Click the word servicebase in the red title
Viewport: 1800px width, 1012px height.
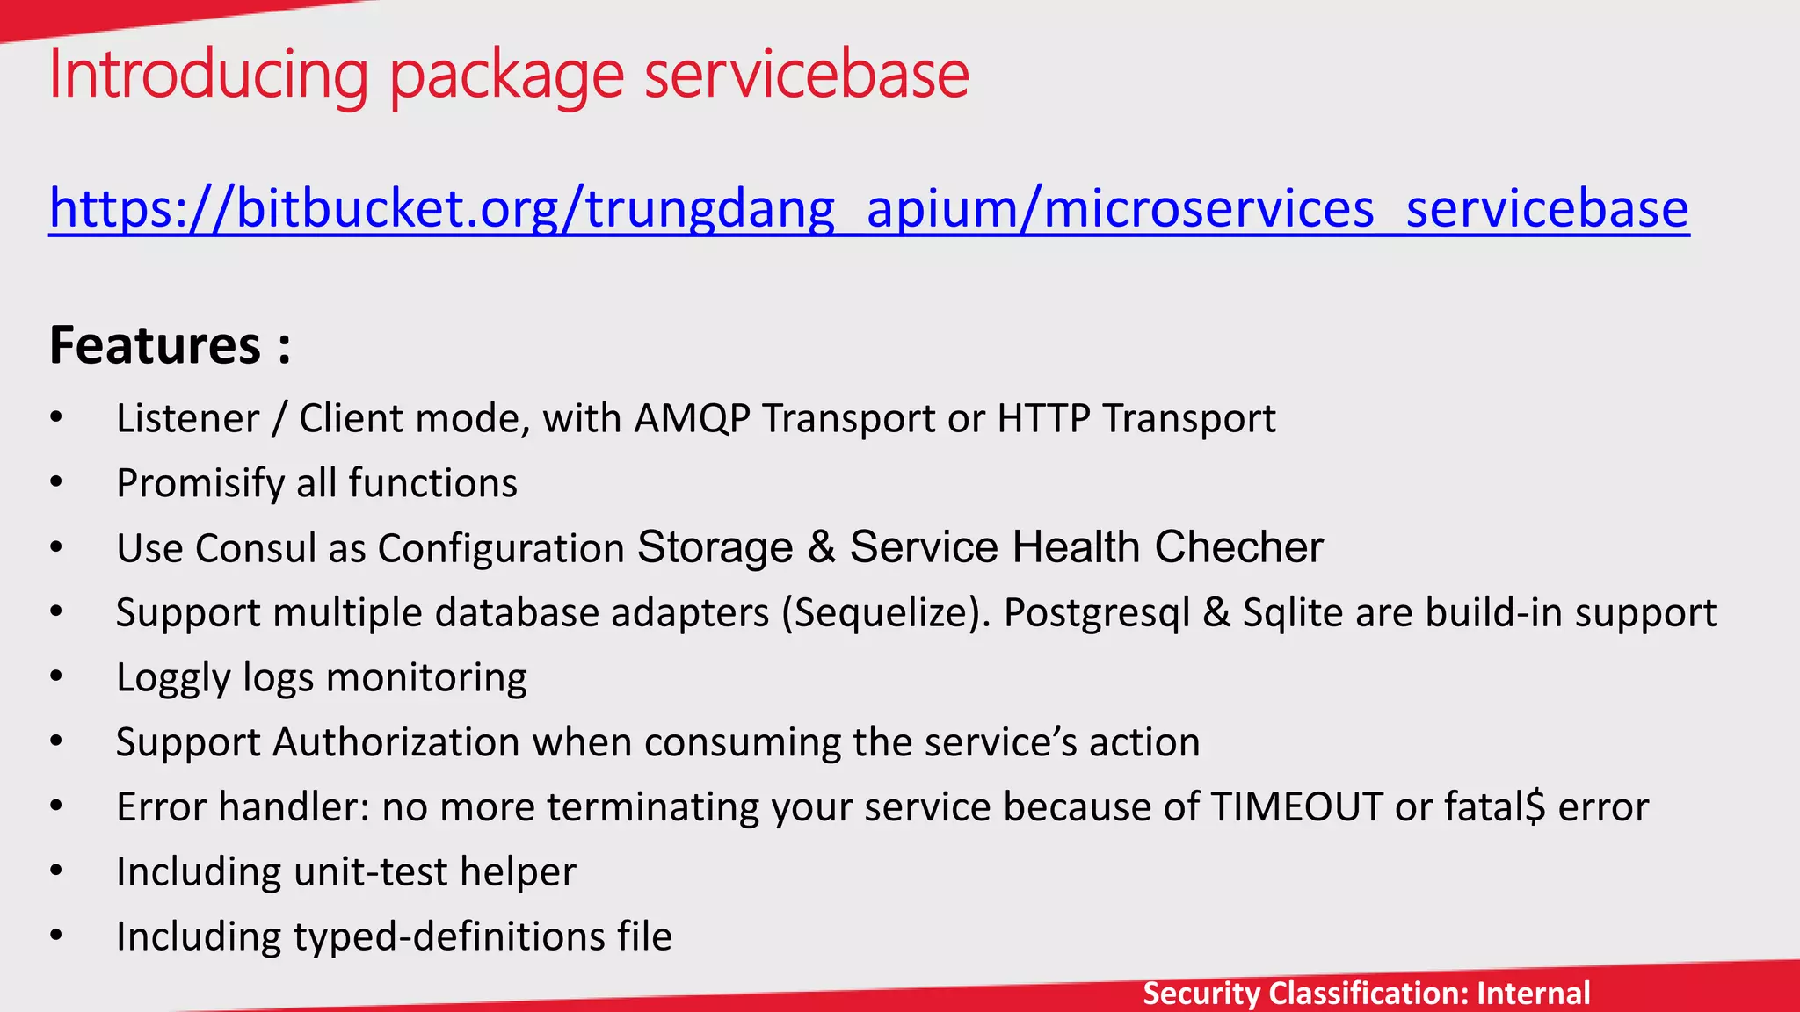point(807,75)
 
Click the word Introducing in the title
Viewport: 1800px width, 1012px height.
point(208,75)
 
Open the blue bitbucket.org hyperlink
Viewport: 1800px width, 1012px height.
point(868,209)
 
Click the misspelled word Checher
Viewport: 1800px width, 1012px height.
point(1238,547)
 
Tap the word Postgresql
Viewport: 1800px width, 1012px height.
point(1097,612)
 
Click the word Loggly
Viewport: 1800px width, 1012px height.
point(173,678)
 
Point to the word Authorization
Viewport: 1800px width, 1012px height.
point(396,742)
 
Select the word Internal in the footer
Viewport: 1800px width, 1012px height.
point(1534,994)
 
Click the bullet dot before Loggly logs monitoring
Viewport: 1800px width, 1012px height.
point(56,676)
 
